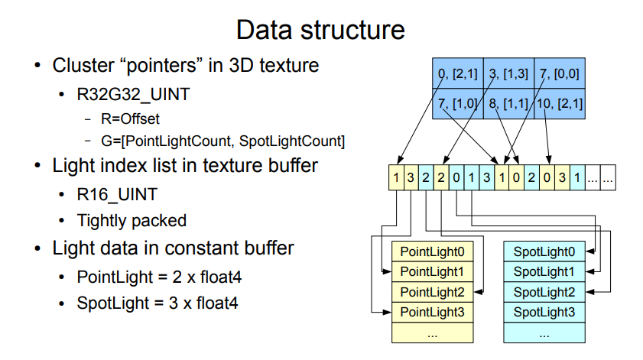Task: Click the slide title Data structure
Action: point(320,31)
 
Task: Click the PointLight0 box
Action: point(432,251)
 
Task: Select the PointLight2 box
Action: point(432,292)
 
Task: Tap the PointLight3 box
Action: point(432,313)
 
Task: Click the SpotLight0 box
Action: point(544,251)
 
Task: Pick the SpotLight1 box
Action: point(544,271)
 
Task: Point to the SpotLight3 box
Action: point(544,313)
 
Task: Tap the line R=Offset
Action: point(132,120)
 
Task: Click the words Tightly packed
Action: point(132,221)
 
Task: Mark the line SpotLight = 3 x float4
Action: point(158,303)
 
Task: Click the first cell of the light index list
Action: point(395,178)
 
